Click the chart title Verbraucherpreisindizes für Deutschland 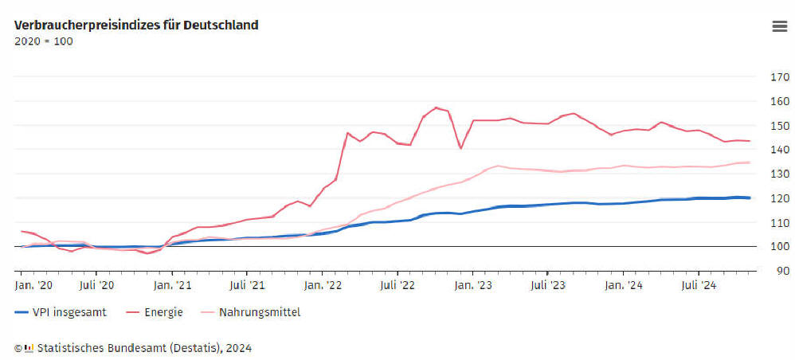pyautogui.click(x=136, y=25)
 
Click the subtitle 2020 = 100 pyautogui.click(x=44, y=41)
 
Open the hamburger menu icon pyautogui.click(x=779, y=26)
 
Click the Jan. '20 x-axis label pyautogui.click(x=34, y=284)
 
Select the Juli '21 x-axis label pyautogui.click(x=248, y=284)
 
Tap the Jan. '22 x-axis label pyautogui.click(x=323, y=284)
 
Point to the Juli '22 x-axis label pyautogui.click(x=397, y=284)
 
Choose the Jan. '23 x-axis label pyautogui.click(x=472, y=284)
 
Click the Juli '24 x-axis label pyautogui.click(x=697, y=284)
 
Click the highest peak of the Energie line pyautogui.click(x=436, y=108)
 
